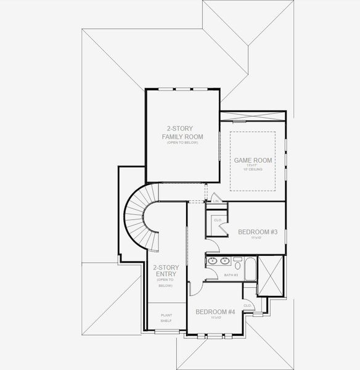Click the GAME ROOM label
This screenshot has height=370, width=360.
253,160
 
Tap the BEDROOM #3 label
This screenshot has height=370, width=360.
258,232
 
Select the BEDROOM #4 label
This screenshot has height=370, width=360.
215,312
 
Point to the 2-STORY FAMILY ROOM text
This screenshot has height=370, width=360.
182,132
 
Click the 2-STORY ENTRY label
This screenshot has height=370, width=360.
165,271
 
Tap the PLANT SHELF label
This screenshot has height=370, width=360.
166,318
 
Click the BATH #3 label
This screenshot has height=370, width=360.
231,275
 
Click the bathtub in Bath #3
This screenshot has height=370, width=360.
251,269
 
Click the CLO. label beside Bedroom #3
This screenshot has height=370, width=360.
218,220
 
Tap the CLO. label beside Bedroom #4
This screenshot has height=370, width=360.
247,305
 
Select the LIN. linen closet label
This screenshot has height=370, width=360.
215,200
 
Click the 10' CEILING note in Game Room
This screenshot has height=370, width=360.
253,170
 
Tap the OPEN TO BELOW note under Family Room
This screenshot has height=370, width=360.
182,142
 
